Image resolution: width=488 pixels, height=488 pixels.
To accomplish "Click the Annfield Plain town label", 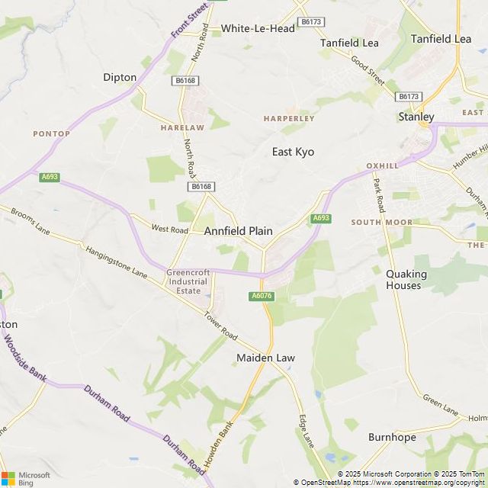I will pos(238,230).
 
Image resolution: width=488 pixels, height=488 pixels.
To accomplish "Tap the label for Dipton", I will pos(120,77).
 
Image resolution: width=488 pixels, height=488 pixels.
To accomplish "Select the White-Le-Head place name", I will pos(257,28).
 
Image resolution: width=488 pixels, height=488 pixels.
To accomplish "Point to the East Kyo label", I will pos(293,152).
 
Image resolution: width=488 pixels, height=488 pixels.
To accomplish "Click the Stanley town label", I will pos(416,117).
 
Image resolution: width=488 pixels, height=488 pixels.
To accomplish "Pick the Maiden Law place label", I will pos(265,358).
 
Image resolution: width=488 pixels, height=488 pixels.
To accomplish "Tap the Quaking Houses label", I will pos(403,279).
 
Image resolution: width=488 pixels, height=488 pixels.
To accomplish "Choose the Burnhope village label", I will pos(392,438).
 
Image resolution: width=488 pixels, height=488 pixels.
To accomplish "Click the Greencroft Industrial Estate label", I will pos(188,281).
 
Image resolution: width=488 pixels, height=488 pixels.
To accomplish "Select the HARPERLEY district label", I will pos(289,119).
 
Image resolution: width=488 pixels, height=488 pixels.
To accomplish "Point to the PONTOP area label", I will pos(51,133).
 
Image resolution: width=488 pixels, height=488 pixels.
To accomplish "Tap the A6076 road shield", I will pos(261,296).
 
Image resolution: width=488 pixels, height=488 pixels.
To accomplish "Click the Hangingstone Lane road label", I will pos(117,261).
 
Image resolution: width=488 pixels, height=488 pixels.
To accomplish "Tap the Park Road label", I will pos(378,194).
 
